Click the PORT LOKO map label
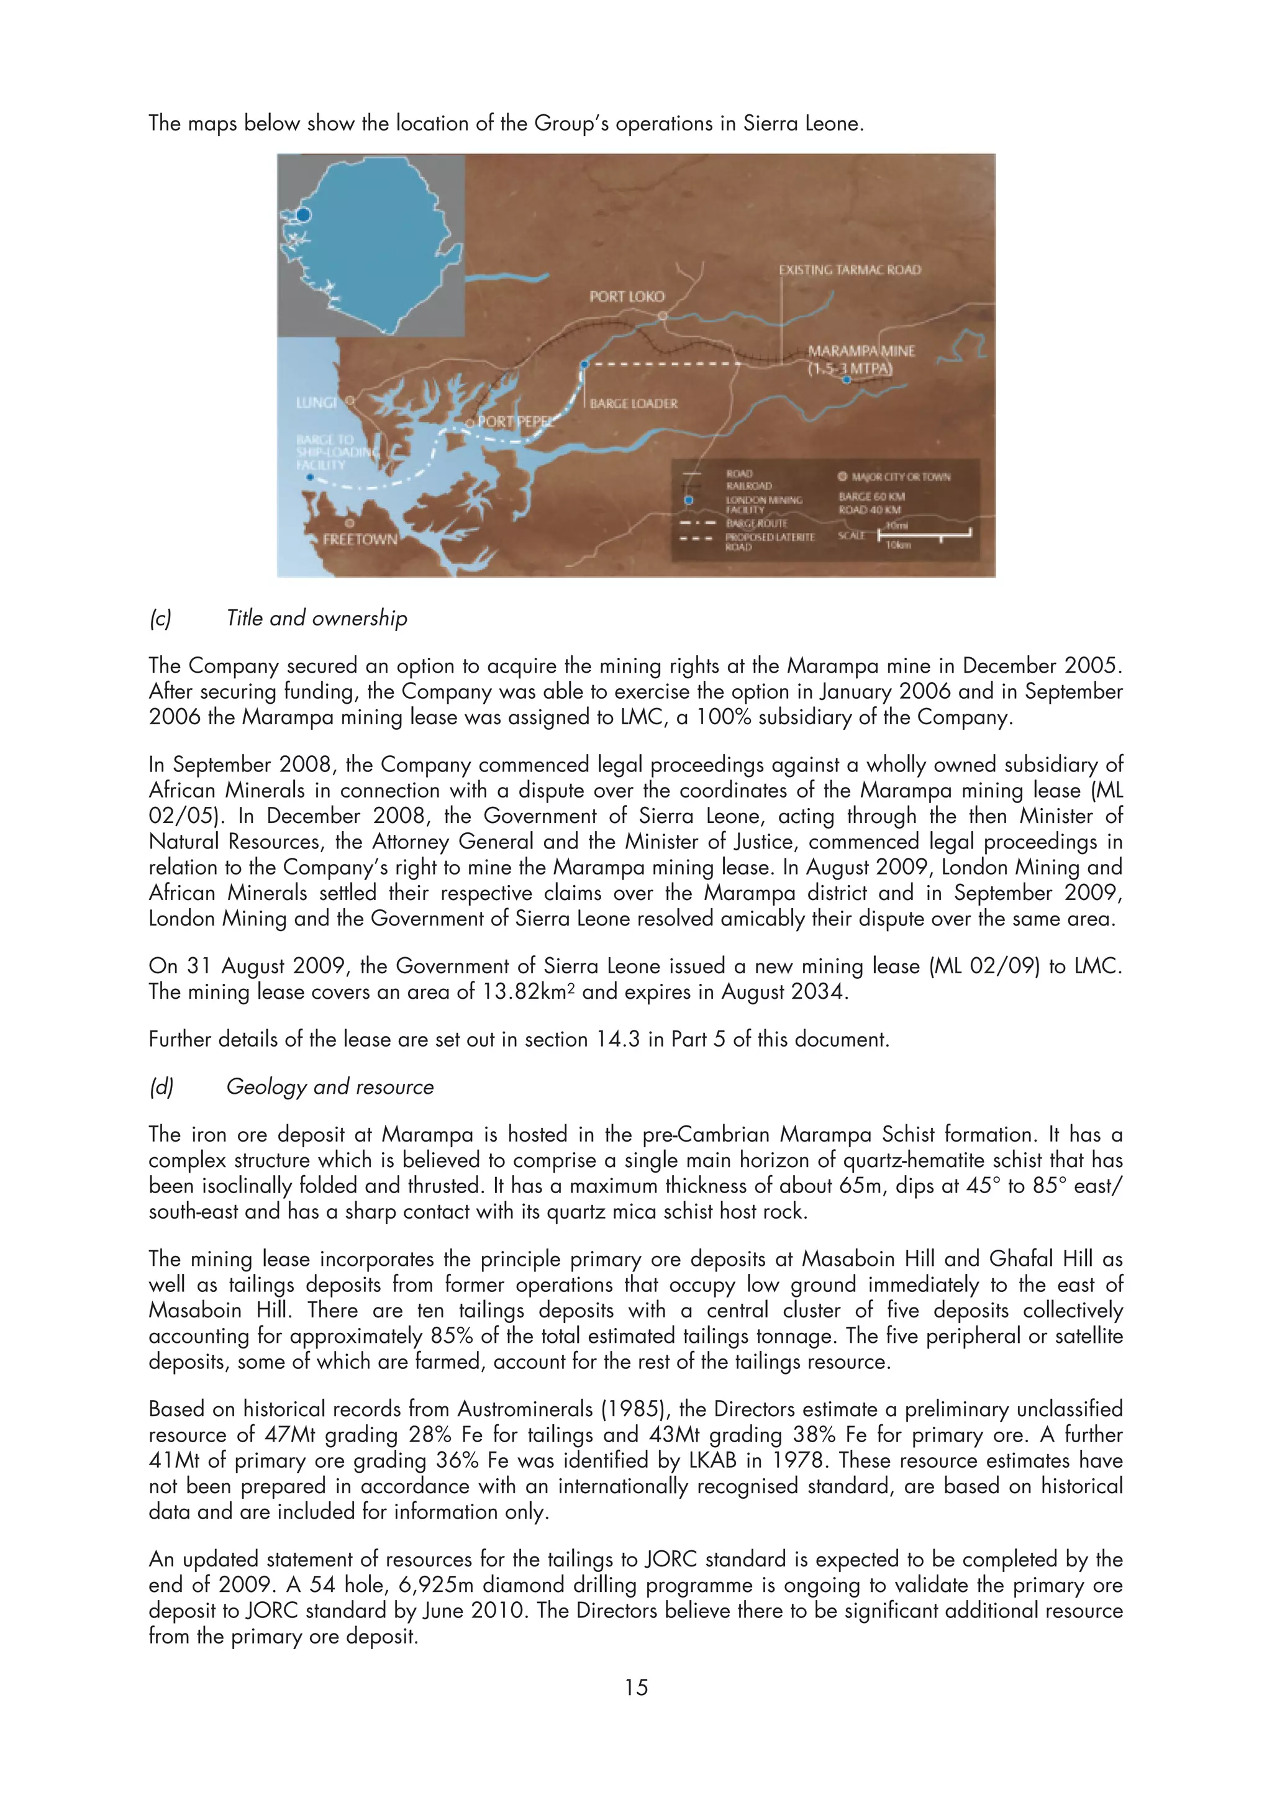(626, 296)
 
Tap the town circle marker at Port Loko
(662, 316)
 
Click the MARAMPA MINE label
(861, 351)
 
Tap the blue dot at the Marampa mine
(847, 380)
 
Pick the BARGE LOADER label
(634, 404)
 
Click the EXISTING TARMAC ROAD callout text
(850, 270)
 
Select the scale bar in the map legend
(925, 535)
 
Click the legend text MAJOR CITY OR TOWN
(901, 476)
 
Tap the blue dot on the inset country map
(304, 214)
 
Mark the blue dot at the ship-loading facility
(311, 476)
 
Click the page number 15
(635, 1687)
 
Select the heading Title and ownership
(317, 619)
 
